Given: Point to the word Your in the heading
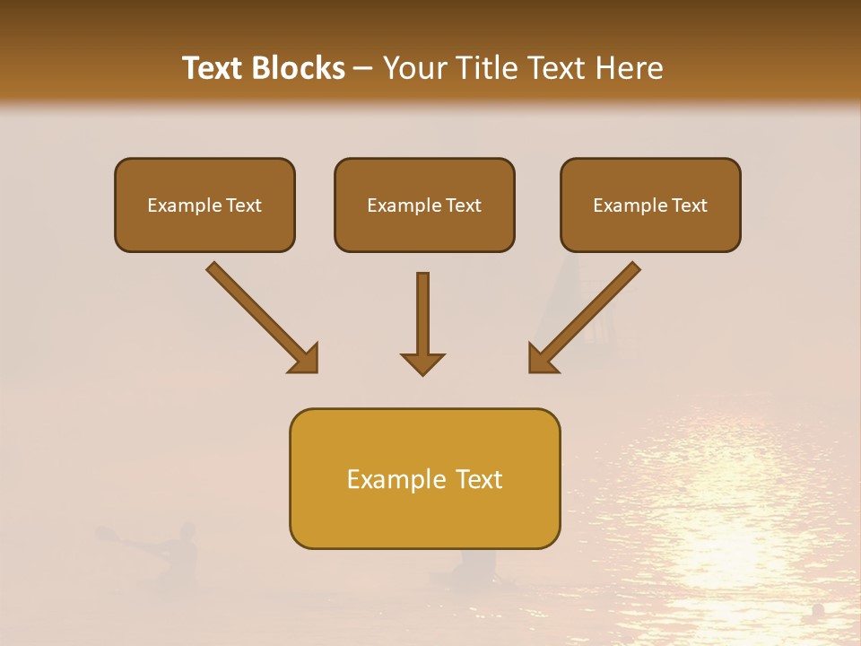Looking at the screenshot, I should click(413, 68).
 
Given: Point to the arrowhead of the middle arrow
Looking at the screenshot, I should click(422, 363).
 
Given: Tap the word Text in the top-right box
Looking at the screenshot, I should click(689, 205).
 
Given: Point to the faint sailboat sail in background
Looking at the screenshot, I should click(565, 296).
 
